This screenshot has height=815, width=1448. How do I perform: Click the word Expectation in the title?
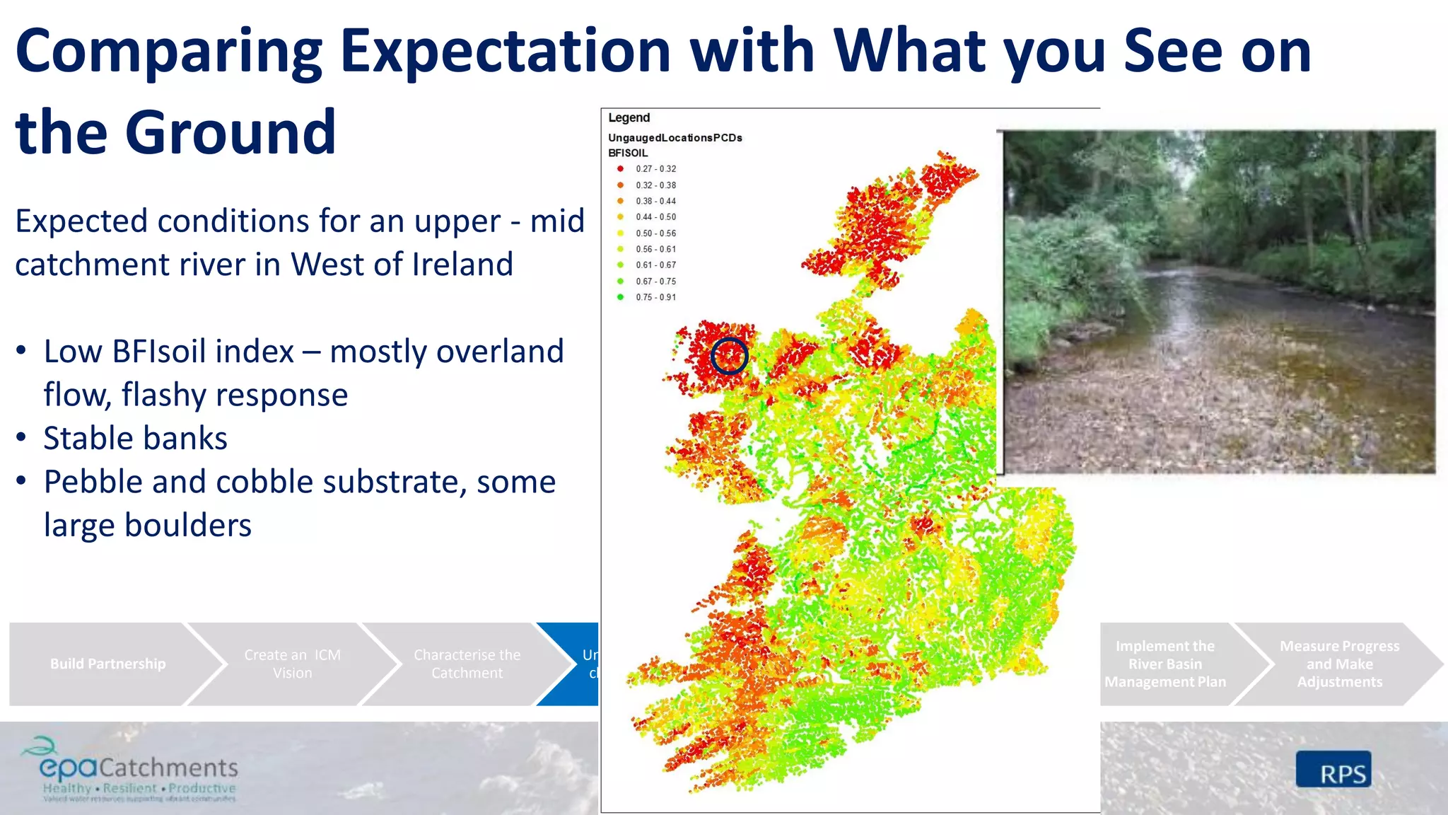click(x=505, y=51)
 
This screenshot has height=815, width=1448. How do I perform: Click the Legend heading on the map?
click(x=629, y=118)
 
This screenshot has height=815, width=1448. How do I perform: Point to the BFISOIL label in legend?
click(x=628, y=153)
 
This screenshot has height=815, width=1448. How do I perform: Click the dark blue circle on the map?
click(x=729, y=356)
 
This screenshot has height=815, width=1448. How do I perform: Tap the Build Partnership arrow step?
click(x=107, y=664)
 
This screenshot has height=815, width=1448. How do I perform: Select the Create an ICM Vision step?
click(x=292, y=664)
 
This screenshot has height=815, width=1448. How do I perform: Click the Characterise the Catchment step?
click(x=467, y=664)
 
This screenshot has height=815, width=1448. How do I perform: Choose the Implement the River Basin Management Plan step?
click(x=1164, y=664)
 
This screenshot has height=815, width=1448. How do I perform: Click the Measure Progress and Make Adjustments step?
click(x=1339, y=664)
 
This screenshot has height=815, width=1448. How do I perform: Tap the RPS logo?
click(x=1333, y=770)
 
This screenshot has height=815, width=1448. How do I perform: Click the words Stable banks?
click(x=135, y=439)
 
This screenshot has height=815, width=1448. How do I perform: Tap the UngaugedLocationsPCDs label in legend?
click(x=675, y=138)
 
